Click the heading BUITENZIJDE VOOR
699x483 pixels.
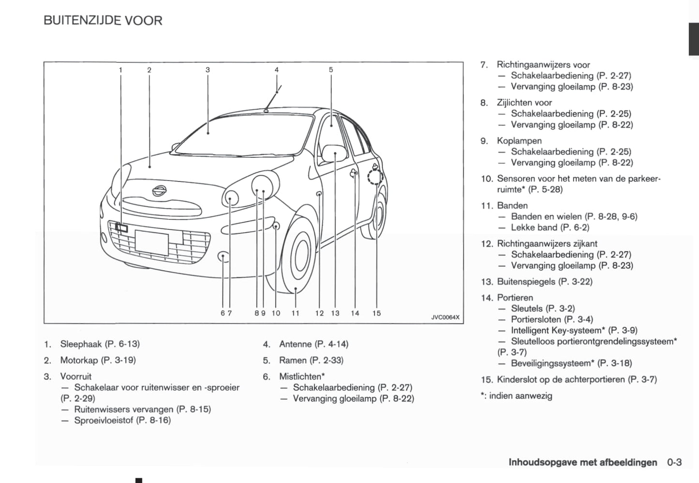pos(103,20)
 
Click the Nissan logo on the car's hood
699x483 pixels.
pos(159,190)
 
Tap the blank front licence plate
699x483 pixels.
pos(152,242)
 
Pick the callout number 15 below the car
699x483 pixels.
pos(376,313)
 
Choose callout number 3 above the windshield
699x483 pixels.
pos(208,70)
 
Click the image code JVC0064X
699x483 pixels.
pos(445,317)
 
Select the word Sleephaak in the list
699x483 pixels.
pos(81,344)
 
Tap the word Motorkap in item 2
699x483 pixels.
pos(79,360)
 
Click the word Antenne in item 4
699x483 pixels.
pos(295,344)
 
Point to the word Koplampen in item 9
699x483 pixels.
pos(519,141)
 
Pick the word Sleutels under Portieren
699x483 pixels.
pos(527,308)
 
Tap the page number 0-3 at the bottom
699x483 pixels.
pos(674,462)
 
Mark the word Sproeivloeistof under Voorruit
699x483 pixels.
pos(104,420)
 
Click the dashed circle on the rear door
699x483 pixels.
pos(375,178)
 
